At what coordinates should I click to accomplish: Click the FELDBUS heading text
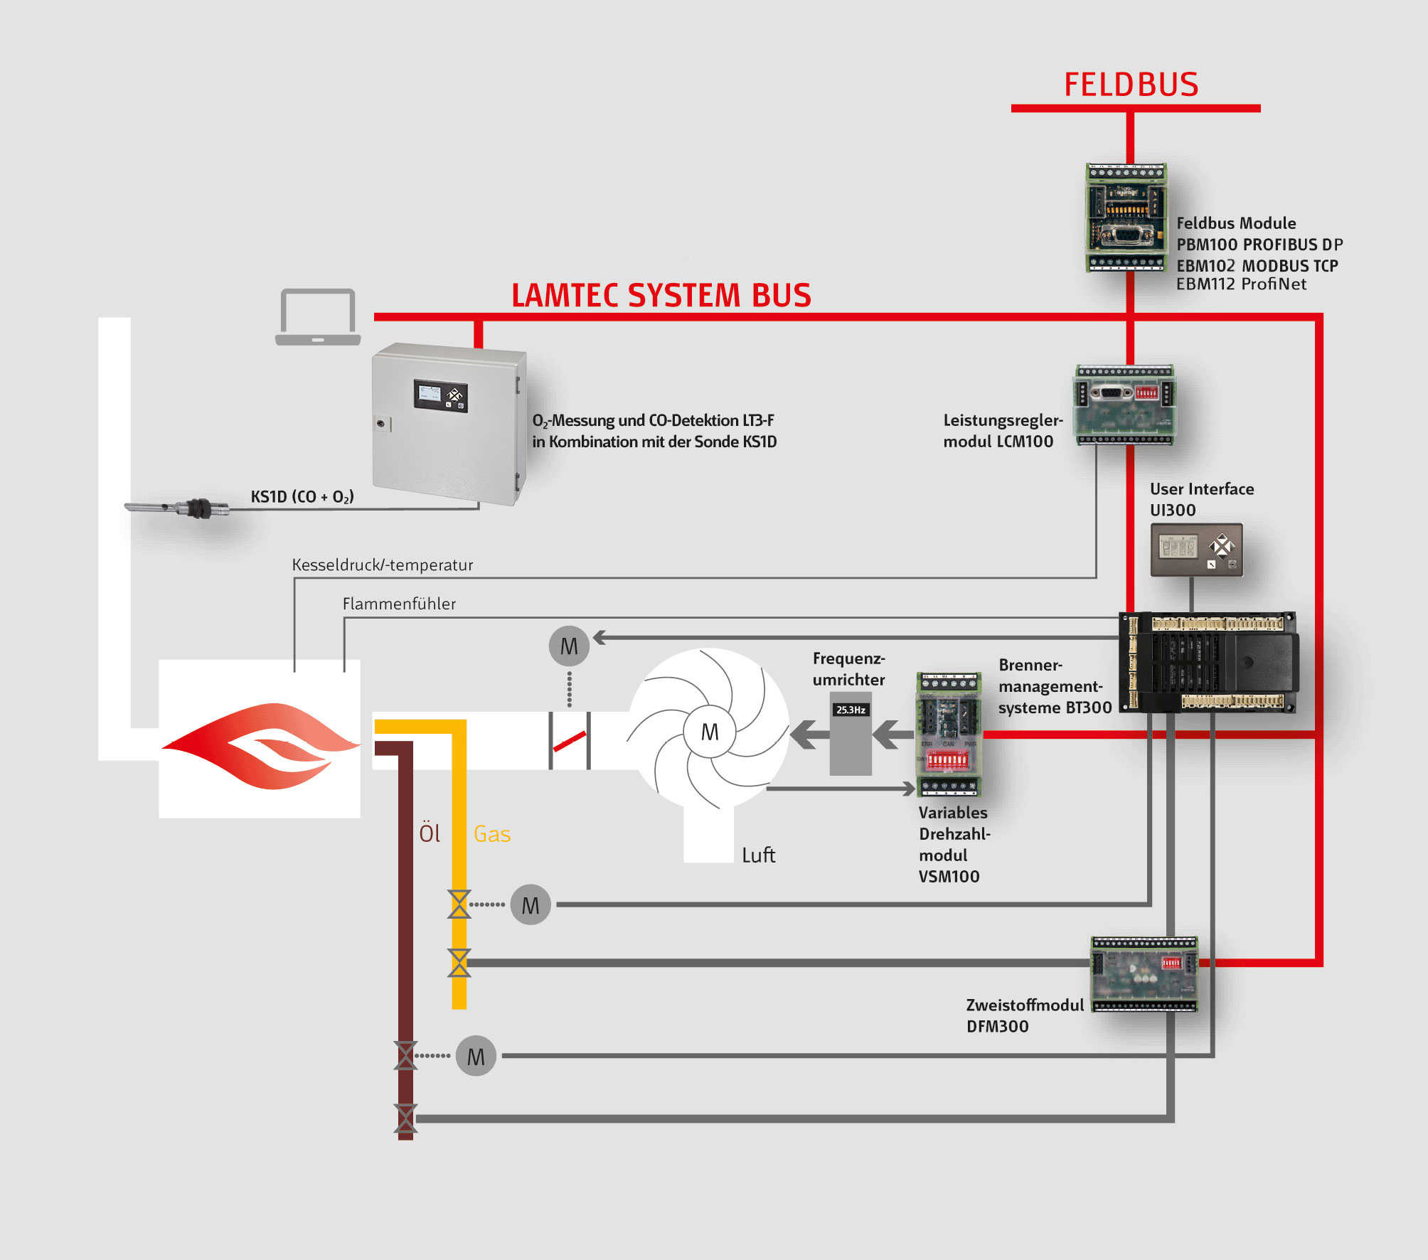(x=1131, y=85)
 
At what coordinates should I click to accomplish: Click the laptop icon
(x=318, y=317)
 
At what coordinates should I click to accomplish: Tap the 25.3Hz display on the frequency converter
(x=851, y=710)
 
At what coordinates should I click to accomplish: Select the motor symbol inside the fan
(x=709, y=732)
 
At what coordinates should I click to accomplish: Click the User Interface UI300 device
(x=1196, y=549)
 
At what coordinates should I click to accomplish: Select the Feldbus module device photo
(x=1126, y=218)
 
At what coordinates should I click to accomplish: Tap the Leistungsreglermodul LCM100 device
(x=1124, y=405)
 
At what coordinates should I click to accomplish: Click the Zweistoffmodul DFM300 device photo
(x=1144, y=973)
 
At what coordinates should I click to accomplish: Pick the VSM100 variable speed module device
(x=949, y=734)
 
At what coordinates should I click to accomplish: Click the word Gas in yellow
(x=492, y=834)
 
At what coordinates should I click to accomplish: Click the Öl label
(x=430, y=833)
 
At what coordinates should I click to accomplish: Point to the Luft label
(x=758, y=855)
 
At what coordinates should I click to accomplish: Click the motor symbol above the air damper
(x=569, y=646)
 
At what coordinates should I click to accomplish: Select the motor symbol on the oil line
(x=476, y=1057)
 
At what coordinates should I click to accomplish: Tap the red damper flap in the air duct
(x=570, y=742)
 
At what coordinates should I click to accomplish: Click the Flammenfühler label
(x=399, y=604)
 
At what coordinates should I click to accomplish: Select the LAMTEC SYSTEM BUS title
(x=661, y=295)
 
